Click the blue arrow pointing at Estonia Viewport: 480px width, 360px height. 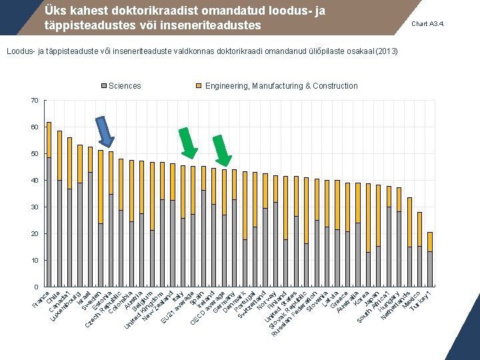pos(105,132)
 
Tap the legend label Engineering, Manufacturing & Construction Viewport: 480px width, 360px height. pos(281,86)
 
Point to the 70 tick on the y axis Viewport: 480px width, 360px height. pos(34,101)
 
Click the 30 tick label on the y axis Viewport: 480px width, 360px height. pos(34,207)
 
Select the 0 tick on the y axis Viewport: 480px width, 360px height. pos(36,287)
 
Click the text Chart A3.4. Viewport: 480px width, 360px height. pos(428,24)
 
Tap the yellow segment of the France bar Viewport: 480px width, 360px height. pos(49,139)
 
